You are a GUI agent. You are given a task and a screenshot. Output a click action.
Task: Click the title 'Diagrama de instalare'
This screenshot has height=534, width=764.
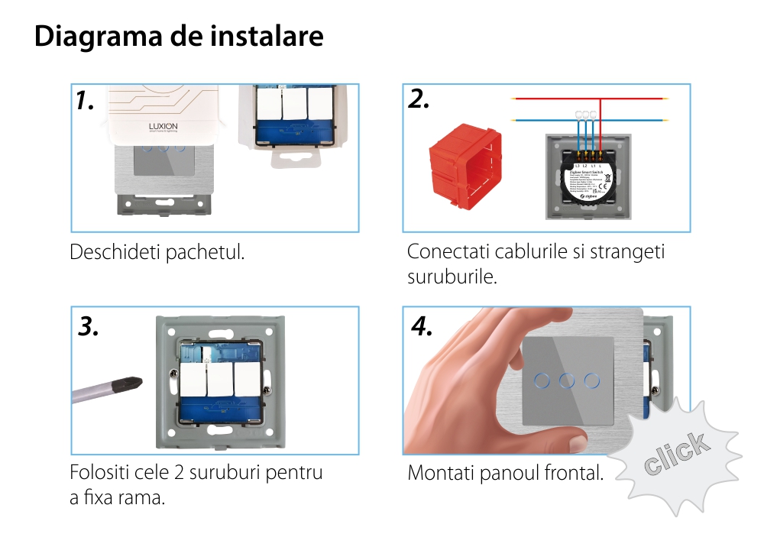tap(179, 37)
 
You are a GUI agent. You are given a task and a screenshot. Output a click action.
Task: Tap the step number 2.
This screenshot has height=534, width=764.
tap(419, 99)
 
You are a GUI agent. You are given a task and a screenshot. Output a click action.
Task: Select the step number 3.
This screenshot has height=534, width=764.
tap(89, 326)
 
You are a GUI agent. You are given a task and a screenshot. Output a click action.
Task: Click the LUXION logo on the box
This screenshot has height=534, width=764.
tap(162, 126)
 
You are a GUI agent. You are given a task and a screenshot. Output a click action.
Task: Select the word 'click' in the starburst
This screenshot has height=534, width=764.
tap(675, 454)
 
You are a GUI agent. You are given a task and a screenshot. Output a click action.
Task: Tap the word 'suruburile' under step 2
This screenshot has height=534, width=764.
tap(452, 277)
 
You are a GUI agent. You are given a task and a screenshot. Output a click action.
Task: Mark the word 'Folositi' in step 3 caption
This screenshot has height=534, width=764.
tap(100, 472)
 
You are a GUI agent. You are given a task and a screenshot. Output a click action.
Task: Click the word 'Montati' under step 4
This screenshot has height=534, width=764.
tap(441, 473)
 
